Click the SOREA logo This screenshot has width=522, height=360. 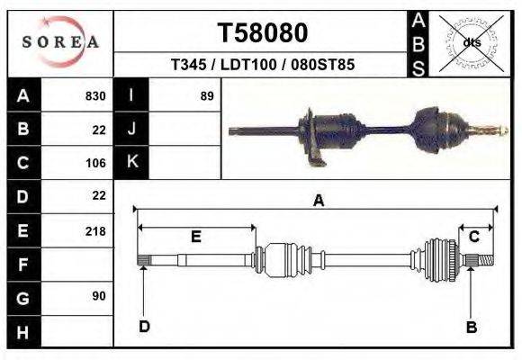60,41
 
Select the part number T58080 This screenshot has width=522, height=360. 263,33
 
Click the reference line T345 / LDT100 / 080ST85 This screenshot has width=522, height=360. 262,66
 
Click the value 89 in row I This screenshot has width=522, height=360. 206,96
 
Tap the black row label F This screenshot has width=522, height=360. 23,265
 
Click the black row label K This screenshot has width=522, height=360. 132,163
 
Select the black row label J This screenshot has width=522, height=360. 132,130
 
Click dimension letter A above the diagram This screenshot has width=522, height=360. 318,202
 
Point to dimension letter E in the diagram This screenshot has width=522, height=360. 195,237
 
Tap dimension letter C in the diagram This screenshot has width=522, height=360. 473,237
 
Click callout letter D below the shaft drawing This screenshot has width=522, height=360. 144,326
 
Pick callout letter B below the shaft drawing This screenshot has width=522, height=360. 471,327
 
